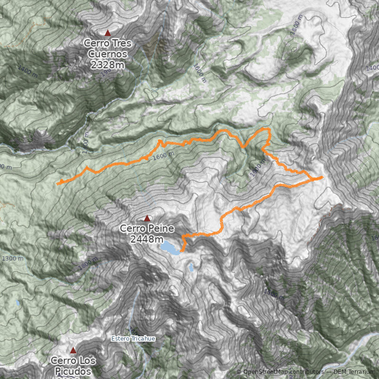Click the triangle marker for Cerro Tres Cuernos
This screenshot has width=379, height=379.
coord(108,33)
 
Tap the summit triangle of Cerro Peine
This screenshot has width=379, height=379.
coord(147,218)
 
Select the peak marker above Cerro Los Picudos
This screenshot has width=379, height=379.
coord(73,351)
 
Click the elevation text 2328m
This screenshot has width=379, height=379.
coord(107,65)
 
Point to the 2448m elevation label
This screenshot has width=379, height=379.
coord(147,239)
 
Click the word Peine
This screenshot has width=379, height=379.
coord(160,228)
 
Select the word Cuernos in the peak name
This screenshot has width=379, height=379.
coord(107,54)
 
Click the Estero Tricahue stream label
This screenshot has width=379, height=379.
coord(133,339)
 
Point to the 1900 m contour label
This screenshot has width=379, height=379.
coord(255,169)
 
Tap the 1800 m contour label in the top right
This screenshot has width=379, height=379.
coord(296,28)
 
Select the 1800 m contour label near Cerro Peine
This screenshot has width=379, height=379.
coord(89,264)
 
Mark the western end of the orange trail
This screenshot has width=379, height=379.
coord(57,183)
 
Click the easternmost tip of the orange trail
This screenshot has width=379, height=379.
coord(322,177)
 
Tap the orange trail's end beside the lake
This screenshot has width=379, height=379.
coord(181,250)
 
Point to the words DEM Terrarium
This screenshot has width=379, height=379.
coord(354,372)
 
